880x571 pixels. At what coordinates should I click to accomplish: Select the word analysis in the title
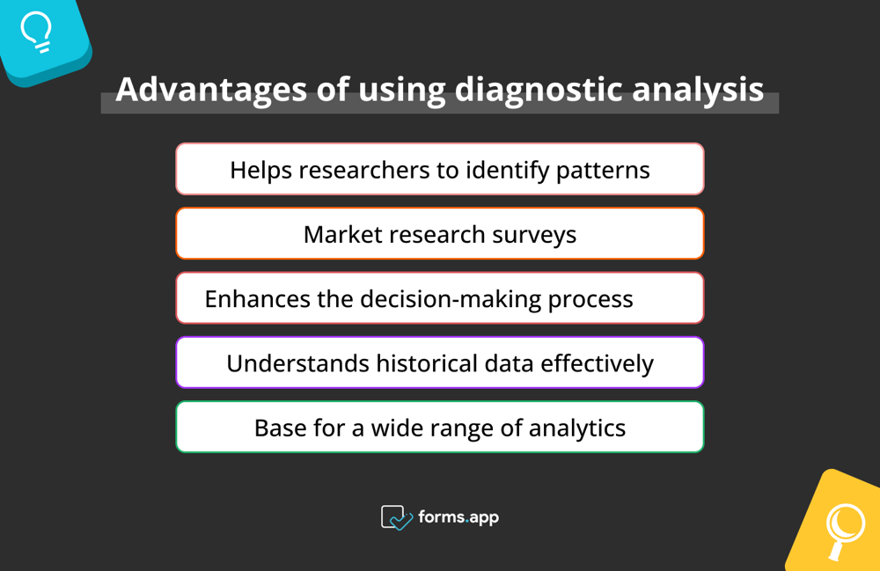coord(701,90)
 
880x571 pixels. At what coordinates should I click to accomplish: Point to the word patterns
coord(603,169)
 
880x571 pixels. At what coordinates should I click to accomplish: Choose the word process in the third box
coord(590,299)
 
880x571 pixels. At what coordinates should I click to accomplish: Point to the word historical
coord(422,362)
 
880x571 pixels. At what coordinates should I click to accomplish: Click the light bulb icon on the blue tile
coord(36,33)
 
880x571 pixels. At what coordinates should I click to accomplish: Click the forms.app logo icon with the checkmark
coord(397,517)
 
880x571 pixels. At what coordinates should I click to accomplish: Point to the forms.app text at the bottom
coord(458,517)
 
